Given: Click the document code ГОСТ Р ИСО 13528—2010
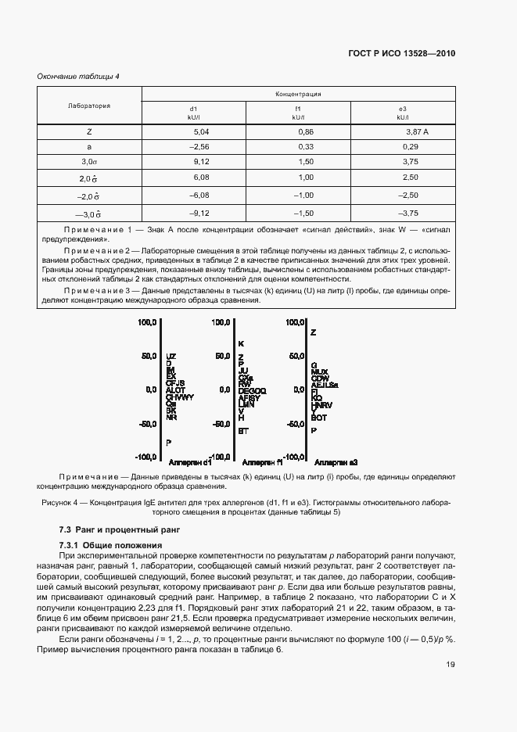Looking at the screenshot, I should coord(400,54).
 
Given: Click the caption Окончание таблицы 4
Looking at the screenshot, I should coord(78,76).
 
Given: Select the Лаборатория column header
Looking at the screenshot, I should coord(89,105).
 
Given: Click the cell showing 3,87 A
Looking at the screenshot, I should coord(402,132).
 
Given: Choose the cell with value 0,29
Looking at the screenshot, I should coord(402,147).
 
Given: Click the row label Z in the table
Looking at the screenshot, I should coord(89,132).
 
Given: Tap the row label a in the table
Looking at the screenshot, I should coord(89,147).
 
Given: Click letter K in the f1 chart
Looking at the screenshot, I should coord(242,343).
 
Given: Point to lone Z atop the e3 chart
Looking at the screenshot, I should coord(314,332).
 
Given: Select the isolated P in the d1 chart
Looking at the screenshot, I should coord(168,443).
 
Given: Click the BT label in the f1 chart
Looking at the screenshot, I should coord(243,431).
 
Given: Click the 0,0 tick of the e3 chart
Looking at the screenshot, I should coord(296,389).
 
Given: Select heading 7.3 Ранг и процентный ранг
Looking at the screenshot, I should coord(119,530).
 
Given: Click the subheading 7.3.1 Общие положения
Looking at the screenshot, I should coord(110,544).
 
